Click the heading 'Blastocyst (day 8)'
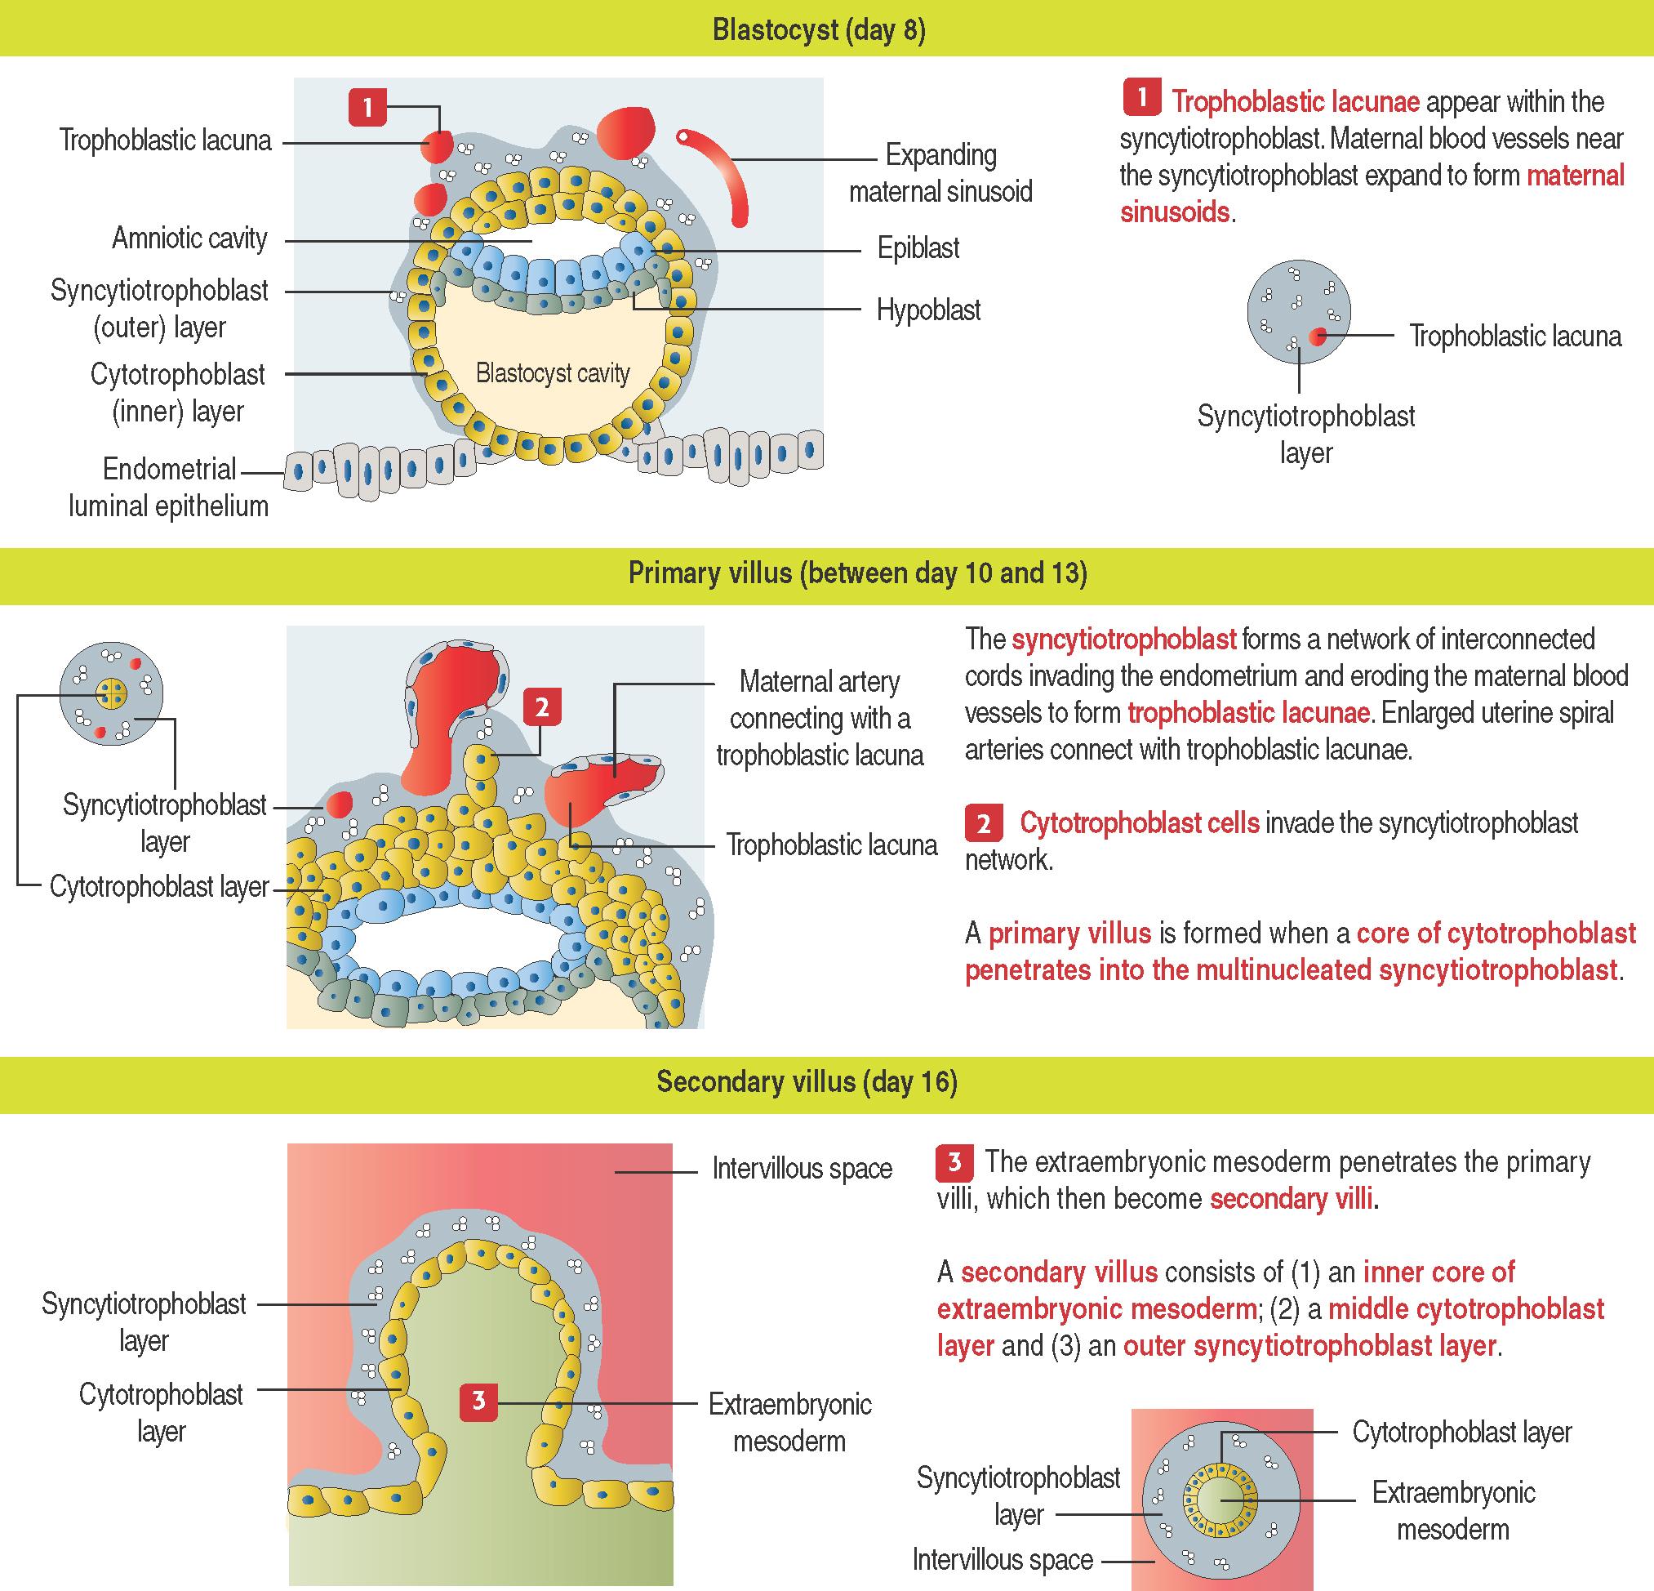[x=819, y=29]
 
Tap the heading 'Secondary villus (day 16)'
[x=807, y=1082]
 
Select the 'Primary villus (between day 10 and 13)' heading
[x=857, y=573]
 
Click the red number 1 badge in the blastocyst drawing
[x=367, y=107]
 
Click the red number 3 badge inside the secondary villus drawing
[x=478, y=1401]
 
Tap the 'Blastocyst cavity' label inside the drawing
[x=553, y=373]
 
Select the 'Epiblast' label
[x=918, y=248]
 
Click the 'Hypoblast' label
[x=928, y=310]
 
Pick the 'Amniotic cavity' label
[x=189, y=238]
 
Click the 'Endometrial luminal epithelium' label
[x=169, y=487]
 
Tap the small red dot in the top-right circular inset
[x=1317, y=336]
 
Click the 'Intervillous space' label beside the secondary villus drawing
[x=802, y=1169]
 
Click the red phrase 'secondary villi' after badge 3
[x=1292, y=1198]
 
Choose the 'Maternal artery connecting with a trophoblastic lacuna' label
[x=819, y=717]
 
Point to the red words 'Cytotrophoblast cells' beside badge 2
[x=1139, y=822]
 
